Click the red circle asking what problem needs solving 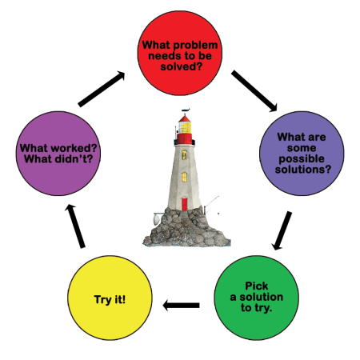[181, 53]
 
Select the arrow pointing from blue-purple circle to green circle [281, 231]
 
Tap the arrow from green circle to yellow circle [182, 305]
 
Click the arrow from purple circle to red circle [102, 89]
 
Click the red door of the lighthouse [184, 204]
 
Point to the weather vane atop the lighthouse [185, 111]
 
